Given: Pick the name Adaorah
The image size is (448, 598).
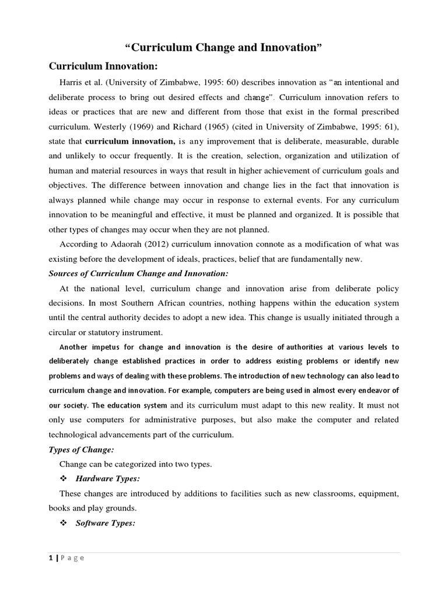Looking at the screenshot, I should (x=129, y=244).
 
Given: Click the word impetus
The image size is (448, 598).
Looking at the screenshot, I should (x=113, y=347).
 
